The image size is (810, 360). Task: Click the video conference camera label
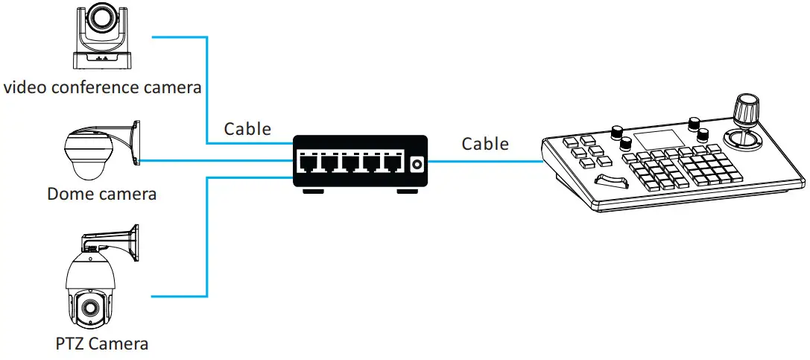pyautogui.click(x=103, y=87)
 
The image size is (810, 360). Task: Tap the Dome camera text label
pyautogui.click(x=101, y=195)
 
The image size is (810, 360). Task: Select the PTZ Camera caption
pyautogui.click(x=101, y=344)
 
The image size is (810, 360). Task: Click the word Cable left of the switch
pyautogui.click(x=247, y=128)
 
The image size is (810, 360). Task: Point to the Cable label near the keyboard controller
pyautogui.click(x=485, y=143)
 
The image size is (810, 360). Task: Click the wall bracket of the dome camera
pyautogui.click(x=135, y=142)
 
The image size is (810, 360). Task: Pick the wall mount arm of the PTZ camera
pyautogui.click(x=119, y=239)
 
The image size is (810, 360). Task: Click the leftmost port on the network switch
pyautogui.click(x=307, y=162)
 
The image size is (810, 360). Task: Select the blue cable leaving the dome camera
pyautogui.click(x=216, y=160)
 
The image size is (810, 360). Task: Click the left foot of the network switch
pyautogui.click(x=313, y=192)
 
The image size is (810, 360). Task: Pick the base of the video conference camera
pyautogui.click(x=102, y=61)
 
